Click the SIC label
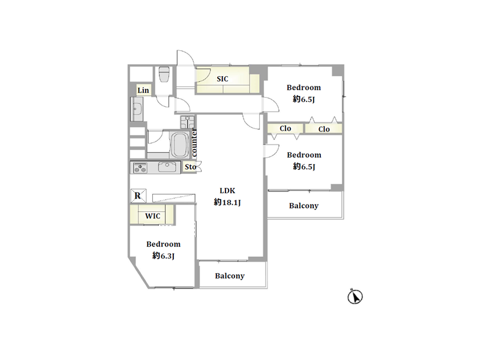[x=223, y=79]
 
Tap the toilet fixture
[x=164, y=74]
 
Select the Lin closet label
[x=143, y=91]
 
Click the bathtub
[x=180, y=145]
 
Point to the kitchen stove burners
[x=140, y=168]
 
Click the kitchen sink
[x=167, y=167]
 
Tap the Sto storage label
[x=190, y=167]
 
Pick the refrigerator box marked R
[x=138, y=196]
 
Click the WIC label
[x=152, y=216]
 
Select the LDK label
[x=227, y=191]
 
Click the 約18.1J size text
[x=227, y=202]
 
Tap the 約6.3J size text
[x=163, y=256]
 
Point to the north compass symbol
[x=355, y=296]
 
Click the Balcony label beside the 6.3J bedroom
[x=230, y=276]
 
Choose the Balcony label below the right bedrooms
[x=303, y=206]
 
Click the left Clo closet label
[x=285, y=128]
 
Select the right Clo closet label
[x=324, y=130]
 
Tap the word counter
[x=194, y=143]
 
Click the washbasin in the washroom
[x=137, y=109]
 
